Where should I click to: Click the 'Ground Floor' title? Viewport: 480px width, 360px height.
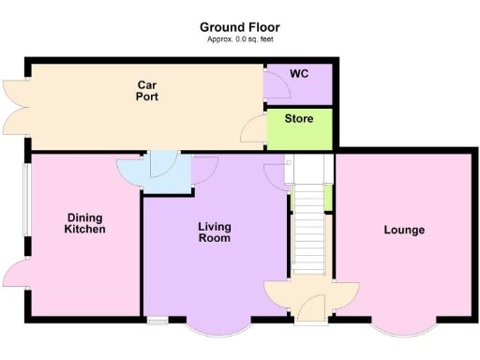click(239, 28)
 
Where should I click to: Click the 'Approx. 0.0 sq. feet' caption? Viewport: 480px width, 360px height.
click(239, 39)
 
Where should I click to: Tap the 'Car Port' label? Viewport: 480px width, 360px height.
click(145, 91)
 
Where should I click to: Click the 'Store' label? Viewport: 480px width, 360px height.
click(299, 120)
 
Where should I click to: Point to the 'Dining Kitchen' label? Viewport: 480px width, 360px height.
click(84, 222)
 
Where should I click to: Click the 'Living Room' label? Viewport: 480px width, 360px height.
click(215, 232)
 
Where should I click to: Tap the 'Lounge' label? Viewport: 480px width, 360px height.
click(404, 230)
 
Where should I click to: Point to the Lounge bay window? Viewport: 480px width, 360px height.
click(405, 328)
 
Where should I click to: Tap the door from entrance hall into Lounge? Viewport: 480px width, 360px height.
click(345, 292)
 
